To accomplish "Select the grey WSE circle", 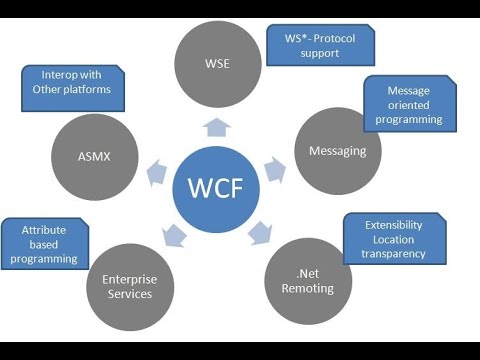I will pyautogui.click(x=216, y=64).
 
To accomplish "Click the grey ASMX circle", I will pyautogui.click(x=94, y=156).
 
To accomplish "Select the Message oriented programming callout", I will pyautogui.click(x=408, y=105).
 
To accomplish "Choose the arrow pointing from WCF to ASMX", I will pyautogui.click(x=156, y=172).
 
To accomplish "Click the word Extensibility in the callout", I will pyautogui.click(x=395, y=225).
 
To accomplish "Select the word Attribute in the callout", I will pyautogui.click(x=44, y=229).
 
